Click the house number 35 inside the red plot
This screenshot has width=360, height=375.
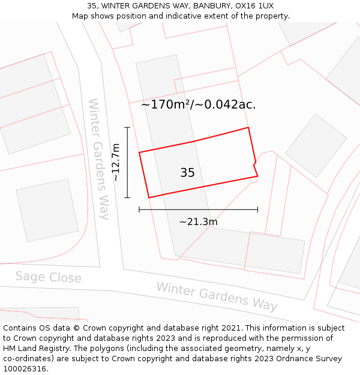click(187, 173)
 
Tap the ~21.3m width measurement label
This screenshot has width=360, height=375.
click(198, 222)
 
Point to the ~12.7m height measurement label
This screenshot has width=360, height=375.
click(116, 162)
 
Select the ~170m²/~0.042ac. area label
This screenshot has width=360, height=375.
click(199, 104)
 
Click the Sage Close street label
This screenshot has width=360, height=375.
click(48, 277)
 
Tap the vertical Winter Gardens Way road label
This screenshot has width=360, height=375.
click(99, 159)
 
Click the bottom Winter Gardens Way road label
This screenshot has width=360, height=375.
click(217, 296)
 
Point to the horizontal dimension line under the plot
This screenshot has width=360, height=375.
click(198, 209)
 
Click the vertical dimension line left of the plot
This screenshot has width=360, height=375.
click(127, 162)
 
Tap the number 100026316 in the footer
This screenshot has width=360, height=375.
click(25, 369)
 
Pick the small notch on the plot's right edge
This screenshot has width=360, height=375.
click(254, 164)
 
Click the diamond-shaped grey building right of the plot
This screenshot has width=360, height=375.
click(316, 145)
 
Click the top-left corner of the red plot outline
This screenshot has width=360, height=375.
click(139, 152)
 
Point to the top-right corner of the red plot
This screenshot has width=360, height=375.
click(248, 127)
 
